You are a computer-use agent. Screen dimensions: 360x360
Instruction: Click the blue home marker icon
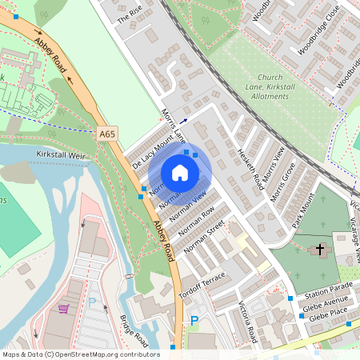[x=180, y=173]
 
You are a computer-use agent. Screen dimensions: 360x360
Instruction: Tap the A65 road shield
[x=108, y=135]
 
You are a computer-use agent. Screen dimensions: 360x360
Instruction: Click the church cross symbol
[x=320, y=250]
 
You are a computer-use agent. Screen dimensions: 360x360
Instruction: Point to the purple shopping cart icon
[x=63, y=308]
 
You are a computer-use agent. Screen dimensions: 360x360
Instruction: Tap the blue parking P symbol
[x=193, y=321]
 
